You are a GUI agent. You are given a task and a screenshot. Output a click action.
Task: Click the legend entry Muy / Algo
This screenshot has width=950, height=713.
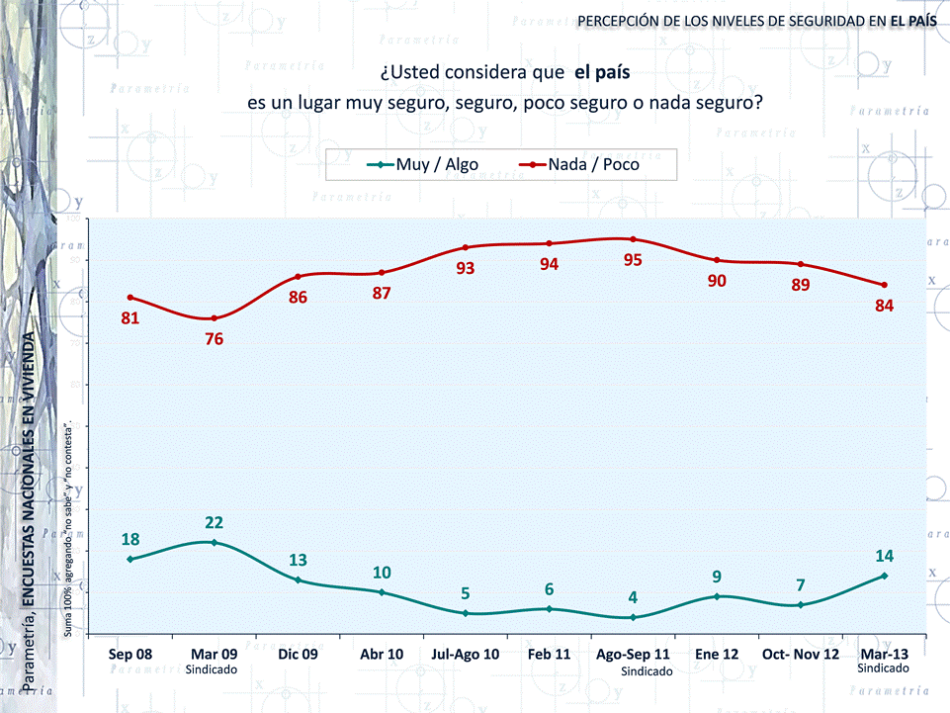click(x=422, y=165)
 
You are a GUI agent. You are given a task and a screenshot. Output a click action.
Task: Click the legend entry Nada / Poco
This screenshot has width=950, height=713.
click(x=580, y=165)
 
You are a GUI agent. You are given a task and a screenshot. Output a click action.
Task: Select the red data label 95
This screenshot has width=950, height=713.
click(x=633, y=261)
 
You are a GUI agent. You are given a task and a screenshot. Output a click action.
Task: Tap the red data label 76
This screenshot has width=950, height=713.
click(x=214, y=339)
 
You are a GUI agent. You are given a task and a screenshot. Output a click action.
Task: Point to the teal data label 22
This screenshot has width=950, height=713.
click(x=214, y=522)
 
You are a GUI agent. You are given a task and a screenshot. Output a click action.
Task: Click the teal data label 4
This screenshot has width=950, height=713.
click(x=633, y=597)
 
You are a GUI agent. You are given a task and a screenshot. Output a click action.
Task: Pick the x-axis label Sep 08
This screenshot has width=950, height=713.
click(x=130, y=655)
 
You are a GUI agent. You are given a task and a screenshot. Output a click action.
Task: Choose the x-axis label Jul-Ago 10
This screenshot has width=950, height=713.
click(x=465, y=655)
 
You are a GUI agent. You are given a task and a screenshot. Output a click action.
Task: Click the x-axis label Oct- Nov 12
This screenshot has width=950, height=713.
click(x=800, y=655)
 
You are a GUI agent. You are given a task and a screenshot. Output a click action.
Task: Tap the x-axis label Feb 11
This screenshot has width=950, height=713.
click(x=549, y=655)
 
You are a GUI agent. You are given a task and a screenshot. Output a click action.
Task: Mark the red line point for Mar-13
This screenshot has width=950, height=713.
click(x=884, y=285)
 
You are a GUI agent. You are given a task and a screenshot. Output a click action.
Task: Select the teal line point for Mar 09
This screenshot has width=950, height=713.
click(x=214, y=542)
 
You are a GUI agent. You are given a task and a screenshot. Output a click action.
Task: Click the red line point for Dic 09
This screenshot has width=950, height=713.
click(x=298, y=276)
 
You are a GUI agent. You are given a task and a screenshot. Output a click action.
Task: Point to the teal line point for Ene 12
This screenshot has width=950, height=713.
click(x=717, y=596)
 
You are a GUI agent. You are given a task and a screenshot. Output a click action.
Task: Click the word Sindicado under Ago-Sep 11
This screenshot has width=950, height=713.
click(x=647, y=671)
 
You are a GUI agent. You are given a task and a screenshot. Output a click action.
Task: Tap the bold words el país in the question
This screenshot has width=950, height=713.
click(x=602, y=72)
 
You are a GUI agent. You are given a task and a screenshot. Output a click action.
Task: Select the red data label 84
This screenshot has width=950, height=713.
click(x=884, y=306)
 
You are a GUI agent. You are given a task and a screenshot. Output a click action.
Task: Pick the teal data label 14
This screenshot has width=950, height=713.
click(x=884, y=556)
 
